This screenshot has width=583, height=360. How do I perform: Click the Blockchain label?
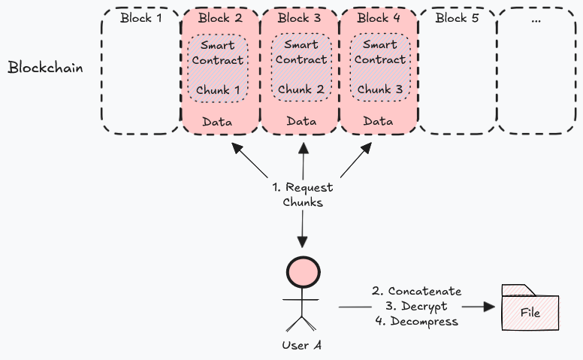45,68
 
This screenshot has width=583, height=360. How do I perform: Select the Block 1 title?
140,18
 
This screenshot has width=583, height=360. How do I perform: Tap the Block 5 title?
457,18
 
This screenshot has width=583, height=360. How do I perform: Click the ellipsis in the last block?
536,20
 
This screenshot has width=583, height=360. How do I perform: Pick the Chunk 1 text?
219,90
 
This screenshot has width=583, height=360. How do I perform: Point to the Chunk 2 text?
301,90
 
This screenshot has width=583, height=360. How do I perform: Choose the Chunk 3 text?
379,90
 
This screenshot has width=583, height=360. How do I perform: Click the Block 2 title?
219,18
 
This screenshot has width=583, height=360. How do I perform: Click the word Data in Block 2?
217,121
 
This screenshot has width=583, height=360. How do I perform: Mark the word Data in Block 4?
379,121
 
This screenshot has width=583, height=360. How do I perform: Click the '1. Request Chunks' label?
302,195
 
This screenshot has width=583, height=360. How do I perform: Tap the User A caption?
303,346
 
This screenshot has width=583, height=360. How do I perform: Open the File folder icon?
530,308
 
